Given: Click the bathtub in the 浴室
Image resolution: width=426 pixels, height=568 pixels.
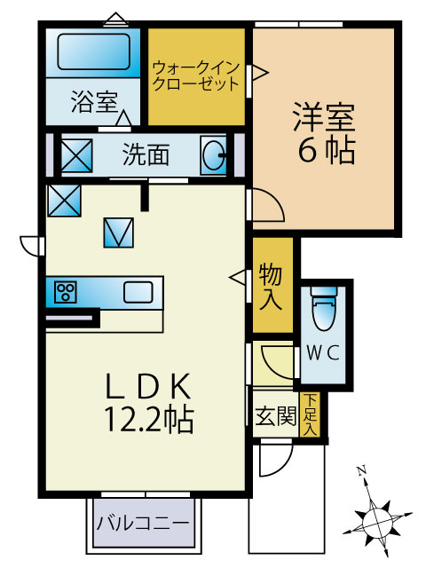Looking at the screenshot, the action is coord(93,51).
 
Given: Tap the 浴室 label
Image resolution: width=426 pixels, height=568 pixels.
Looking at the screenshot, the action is coord(94,102).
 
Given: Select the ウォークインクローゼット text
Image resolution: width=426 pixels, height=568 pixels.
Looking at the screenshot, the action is coord(196,76).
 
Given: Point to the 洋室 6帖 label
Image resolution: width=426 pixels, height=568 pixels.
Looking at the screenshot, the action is coord(324,133).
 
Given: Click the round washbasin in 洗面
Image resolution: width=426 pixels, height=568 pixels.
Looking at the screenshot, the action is coord(214,156).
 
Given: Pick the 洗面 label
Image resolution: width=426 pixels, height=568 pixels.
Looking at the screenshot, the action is coord(146,154).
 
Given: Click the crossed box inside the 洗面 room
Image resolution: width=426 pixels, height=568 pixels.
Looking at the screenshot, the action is coord(76,156).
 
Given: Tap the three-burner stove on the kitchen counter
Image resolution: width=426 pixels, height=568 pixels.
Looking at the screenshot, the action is coord(66,292).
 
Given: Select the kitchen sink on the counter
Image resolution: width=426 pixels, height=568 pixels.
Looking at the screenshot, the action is coord(138,292).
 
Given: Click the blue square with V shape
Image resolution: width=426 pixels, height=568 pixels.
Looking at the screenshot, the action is coord(118,233).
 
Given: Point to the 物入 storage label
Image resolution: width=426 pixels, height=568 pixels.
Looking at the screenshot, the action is coord(271,286).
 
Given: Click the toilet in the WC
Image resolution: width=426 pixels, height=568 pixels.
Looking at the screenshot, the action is coord(323,308).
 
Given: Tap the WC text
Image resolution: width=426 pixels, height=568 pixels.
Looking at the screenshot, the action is coord(323,352).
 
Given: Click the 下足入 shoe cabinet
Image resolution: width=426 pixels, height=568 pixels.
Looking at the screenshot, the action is coord(310,414).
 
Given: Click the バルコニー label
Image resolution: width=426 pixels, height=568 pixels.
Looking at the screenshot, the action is coord(142,523).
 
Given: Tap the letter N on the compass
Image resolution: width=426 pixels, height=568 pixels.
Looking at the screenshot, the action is coord(361,470).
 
